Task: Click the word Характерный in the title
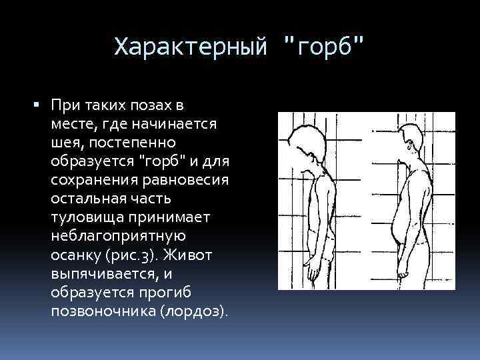click(x=192, y=47)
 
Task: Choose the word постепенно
click(x=138, y=143)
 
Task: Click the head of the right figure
click(x=411, y=142)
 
